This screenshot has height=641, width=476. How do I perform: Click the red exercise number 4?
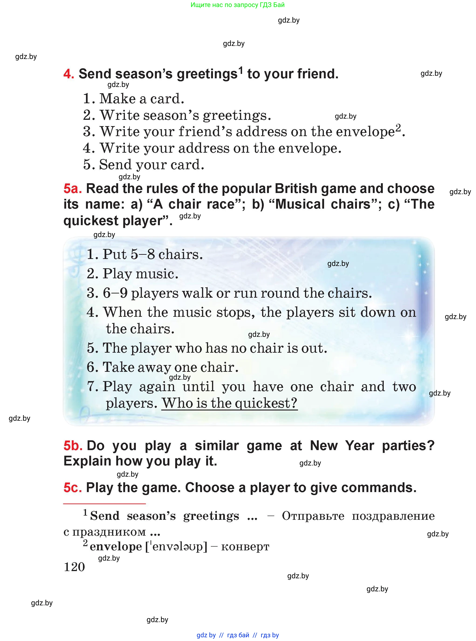point(68,74)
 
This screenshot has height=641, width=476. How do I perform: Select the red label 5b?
point(73,446)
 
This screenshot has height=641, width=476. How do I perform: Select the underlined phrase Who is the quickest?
point(229,403)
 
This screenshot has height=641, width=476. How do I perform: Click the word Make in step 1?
point(117,99)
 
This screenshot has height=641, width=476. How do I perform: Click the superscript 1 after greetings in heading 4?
point(241,70)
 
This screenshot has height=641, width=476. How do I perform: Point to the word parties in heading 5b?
point(408,446)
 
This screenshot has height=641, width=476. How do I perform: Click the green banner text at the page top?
point(237,5)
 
